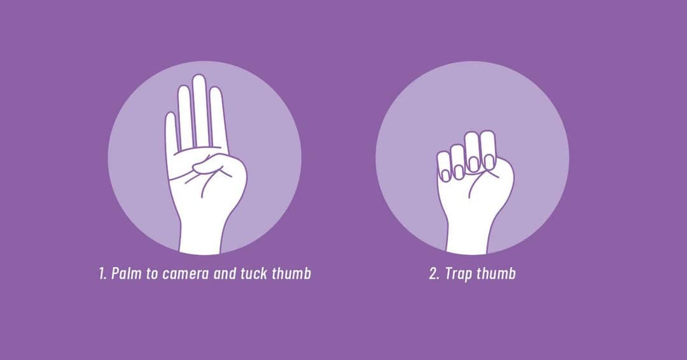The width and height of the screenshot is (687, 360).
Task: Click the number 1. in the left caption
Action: click(102, 274)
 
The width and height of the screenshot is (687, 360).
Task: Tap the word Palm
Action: click(125, 274)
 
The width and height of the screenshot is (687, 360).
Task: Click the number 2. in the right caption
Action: click(434, 274)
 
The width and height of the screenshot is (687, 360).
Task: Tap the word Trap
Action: click(458, 274)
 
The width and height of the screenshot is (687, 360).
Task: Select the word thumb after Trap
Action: click(497, 274)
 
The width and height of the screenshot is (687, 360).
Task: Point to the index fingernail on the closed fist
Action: click(489, 162)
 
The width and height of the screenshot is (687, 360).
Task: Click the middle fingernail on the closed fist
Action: click(473, 163)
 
